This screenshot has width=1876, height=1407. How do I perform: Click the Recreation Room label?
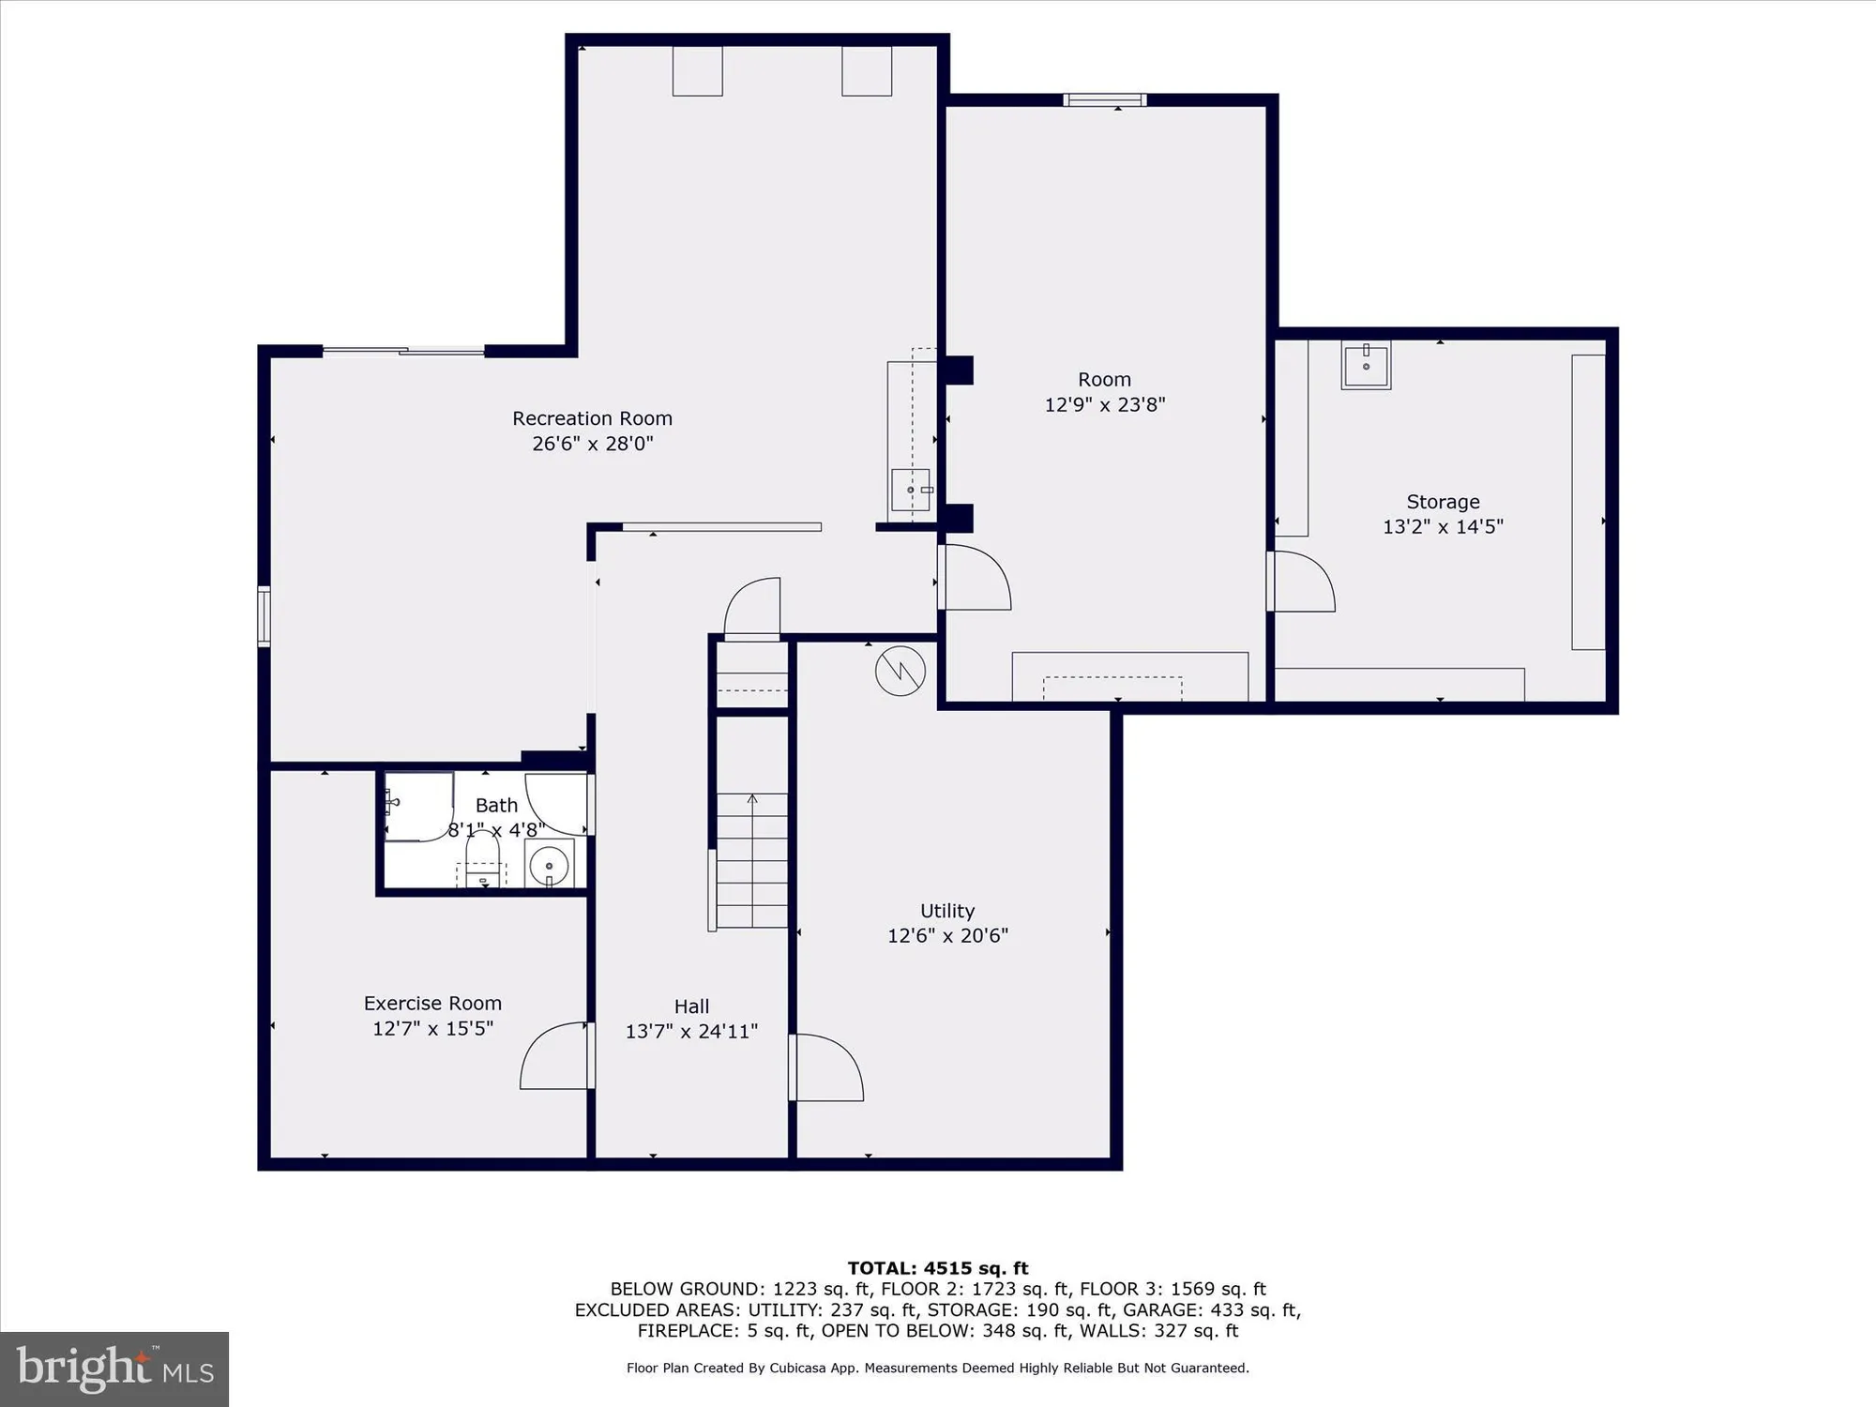tap(592, 418)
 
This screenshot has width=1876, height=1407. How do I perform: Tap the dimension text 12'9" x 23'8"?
tap(1105, 404)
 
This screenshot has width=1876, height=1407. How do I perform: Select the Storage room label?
tap(1443, 502)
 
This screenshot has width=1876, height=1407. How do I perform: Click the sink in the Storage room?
tap(1366, 365)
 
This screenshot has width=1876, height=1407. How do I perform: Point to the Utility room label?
tap(947, 911)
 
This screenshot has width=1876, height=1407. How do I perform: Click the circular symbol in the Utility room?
tap(900, 671)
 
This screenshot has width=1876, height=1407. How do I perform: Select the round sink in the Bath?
tap(549, 864)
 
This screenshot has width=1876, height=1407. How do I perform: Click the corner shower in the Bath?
tap(416, 807)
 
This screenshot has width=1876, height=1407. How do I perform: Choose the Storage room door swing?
tap(1301, 582)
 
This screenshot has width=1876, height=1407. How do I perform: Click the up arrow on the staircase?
tap(752, 800)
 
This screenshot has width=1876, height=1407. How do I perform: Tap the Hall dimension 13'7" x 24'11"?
tap(691, 1032)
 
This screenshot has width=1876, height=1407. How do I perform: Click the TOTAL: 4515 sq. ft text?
tap(938, 1268)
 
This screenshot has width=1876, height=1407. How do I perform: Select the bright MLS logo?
tap(114, 1369)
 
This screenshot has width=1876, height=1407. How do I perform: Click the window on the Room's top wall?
tap(1105, 100)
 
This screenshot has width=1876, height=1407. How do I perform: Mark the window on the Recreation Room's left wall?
tap(265, 616)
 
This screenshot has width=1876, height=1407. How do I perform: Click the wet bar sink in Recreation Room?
tap(910, 490)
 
